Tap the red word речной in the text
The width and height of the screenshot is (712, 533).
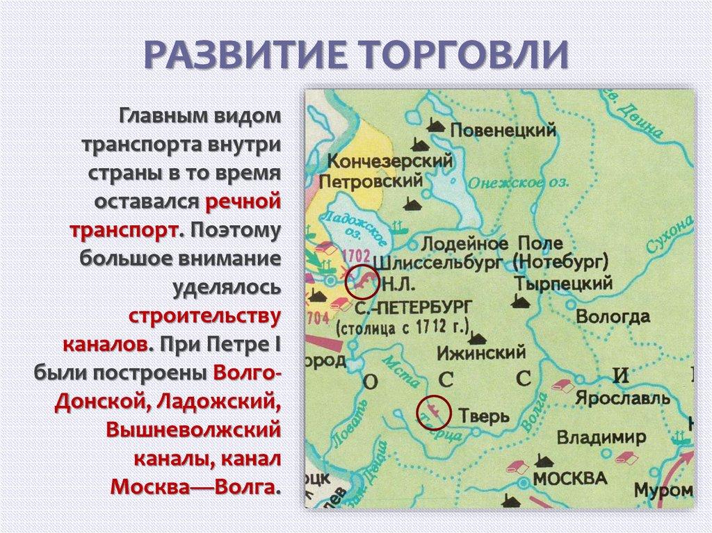click(x=242, y=202)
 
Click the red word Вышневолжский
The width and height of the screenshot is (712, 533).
click(x=193, y=429)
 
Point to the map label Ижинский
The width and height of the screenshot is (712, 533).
click(x=480, y=352)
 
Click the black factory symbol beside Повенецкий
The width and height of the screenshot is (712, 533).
click(x=437, y=125)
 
